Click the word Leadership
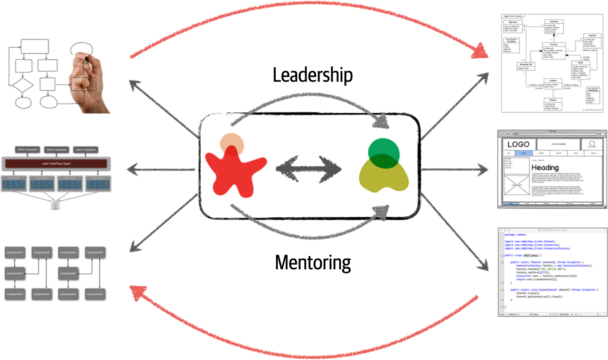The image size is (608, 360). point(312,75)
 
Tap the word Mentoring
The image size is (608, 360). point(312,263)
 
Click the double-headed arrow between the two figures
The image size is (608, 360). point(309,169)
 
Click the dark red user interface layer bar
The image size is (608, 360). point(56,163)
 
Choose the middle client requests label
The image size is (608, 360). point(56,150)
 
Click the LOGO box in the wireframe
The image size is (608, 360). point(518,144)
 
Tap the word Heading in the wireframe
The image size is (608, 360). point(545,168)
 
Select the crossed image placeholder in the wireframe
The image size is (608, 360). point(517,185)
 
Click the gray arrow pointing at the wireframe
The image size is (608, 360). point(456,170)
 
